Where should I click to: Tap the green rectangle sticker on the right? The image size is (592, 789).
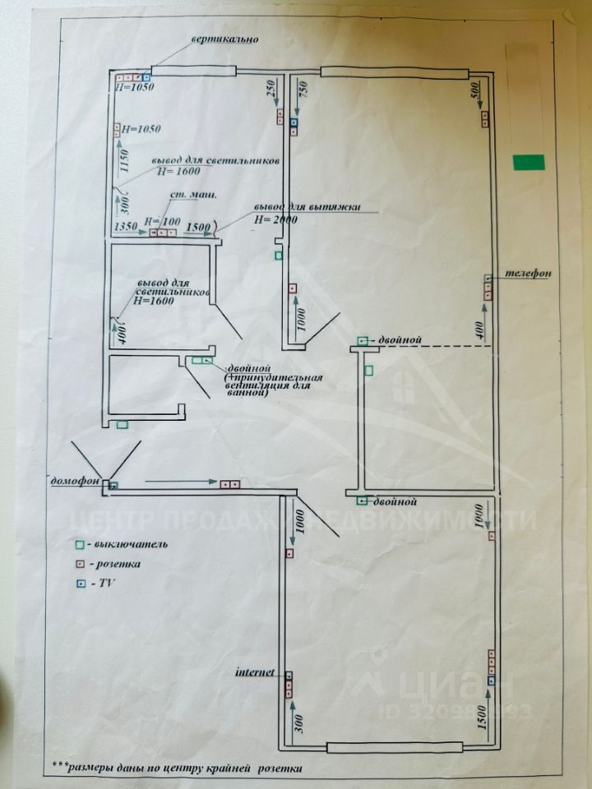(x=530, y=162)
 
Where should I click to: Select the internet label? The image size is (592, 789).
(x=256, y=671)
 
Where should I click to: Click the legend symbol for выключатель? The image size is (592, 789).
(x=81, y=544)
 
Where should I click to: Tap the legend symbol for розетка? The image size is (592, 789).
(x=81, y=564)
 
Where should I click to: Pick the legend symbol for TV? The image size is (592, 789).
(x=81, y=583)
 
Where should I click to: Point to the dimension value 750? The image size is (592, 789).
(x=302, y=90)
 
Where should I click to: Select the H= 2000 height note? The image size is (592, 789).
(x=275, y=219)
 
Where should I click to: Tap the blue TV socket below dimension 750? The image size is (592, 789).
(x=294, y=124)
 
